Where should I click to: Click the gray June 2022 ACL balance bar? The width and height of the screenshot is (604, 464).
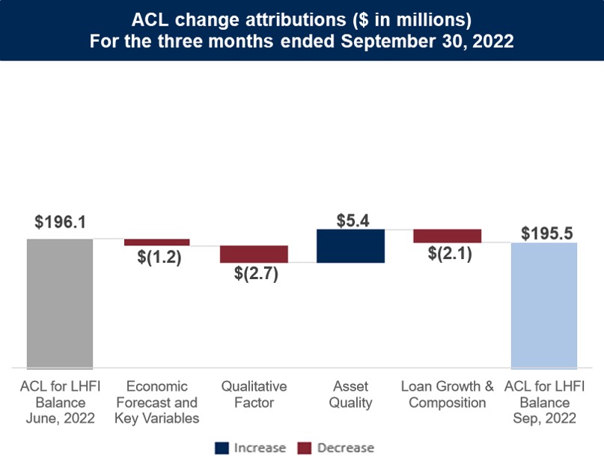pos(60,303)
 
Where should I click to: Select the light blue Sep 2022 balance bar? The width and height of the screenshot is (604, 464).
pos(544,305)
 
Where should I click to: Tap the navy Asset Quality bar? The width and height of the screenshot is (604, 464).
pos(350,245)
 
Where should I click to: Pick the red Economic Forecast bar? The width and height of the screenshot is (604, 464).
pos(156,242)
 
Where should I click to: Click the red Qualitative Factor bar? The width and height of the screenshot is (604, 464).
pos(254,254)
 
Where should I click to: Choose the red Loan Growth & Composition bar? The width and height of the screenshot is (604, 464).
pos(447,236)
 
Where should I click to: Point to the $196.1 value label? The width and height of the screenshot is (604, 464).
pos(60,223)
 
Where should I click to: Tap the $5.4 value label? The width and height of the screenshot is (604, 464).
pos(350,220)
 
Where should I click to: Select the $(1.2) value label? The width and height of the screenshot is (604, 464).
pos(159,257)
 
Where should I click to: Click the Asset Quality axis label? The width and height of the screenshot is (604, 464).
pos(350,394)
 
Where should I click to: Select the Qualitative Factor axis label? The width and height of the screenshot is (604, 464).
pos(254,394)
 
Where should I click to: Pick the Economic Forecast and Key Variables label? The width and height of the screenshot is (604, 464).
pos(157,402)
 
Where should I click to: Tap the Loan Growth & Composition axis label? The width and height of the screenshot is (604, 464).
pos(448,394)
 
